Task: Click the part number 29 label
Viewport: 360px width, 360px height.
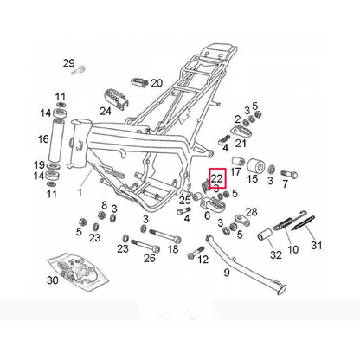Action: [69, 63]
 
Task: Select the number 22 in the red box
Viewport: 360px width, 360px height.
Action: [217, 179]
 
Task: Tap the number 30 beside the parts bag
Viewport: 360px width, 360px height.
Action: [53, 280]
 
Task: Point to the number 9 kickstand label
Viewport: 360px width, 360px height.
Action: [227, 273]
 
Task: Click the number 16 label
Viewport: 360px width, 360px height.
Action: [43, 139]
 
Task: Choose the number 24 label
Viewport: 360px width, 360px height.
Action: [106, 111]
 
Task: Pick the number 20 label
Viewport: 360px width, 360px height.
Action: [157, 83]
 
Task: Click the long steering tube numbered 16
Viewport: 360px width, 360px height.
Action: [58, 140]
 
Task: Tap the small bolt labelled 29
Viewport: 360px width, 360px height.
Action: [78, 70]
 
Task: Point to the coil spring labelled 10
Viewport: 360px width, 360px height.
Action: [286, 224]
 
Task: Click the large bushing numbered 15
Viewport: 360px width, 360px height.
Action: [255, 167]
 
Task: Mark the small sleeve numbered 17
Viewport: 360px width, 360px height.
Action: [239, 161]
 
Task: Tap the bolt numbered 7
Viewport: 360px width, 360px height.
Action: [289, 174]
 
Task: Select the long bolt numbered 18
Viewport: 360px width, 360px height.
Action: [165, 235]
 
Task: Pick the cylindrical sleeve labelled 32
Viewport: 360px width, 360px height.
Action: [265, 235]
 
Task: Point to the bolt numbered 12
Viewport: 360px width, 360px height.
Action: [196, 252]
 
